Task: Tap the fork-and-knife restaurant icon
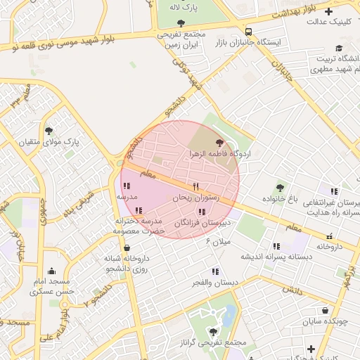pos(196,187)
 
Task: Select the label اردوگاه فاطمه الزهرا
pos(215,153)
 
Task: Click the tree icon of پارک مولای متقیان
pos(49,131)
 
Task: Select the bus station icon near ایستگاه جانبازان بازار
pos(248,32)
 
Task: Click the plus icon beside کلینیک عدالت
pos(310,22)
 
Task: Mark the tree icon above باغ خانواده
pos(280,188)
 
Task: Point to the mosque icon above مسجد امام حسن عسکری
pos(51,270)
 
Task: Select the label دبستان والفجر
pos(215,282)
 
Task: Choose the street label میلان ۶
pos(218,241)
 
